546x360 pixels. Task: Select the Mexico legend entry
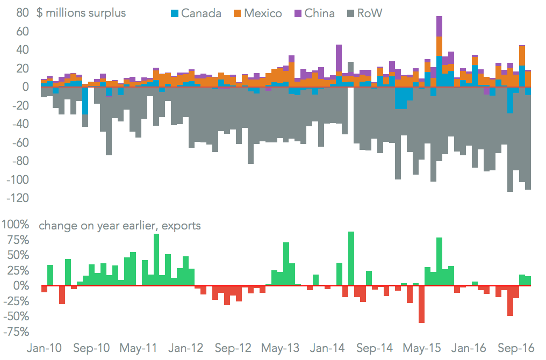coord(257,13)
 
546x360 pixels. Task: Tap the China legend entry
coord(313,13)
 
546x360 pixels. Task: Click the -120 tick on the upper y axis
coord(17,198)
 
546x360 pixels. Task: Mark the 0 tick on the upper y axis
coord(25,87)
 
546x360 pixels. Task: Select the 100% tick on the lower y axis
coord(18,225)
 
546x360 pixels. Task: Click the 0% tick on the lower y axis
coord(22,286)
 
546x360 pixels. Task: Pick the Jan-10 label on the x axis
coord(44,348)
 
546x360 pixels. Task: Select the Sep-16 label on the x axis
coord(520,348)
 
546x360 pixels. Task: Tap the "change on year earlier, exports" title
coord(119,226)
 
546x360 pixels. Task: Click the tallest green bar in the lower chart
coord(351,258)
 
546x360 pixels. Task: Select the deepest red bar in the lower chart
coord(422,304)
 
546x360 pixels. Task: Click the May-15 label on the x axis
coord(424,348)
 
